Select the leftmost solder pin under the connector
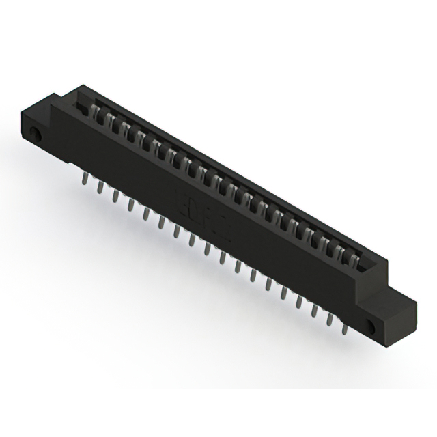[83, 179]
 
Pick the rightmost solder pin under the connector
[346, 329]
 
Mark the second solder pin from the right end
[330, 321]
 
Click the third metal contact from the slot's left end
[121, 130]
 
